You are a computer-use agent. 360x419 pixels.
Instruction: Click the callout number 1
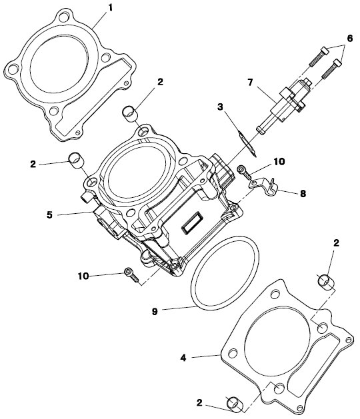click(110, 8)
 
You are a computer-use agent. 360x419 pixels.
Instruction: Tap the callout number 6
click(350, 39)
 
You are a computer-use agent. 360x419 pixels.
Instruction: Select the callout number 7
click(250, 83)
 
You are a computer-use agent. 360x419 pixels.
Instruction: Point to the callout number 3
click(220, 107)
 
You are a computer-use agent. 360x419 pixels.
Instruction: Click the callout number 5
click(49, 215)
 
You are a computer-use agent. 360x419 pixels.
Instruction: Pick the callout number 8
click(303, 194)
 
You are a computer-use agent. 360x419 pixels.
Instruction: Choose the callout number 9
click(155, 312)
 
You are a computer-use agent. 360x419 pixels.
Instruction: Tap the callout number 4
click(183, 358)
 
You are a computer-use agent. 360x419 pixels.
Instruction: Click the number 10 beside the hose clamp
click(279, 162)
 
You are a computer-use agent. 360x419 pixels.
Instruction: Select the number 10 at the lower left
click(83, 276)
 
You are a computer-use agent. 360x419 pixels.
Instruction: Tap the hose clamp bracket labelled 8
click(263, 186)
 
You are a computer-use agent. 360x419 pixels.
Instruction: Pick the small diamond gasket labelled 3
click(247, 144)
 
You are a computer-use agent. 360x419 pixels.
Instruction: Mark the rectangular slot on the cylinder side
click(191, 222)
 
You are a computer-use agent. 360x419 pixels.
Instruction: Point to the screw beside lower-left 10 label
click(131, 275)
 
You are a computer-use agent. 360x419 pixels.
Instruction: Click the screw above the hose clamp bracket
click(244, 173)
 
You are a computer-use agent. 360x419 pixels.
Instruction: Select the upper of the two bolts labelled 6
click(319, 56)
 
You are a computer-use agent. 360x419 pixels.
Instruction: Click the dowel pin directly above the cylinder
click(130, 114)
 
